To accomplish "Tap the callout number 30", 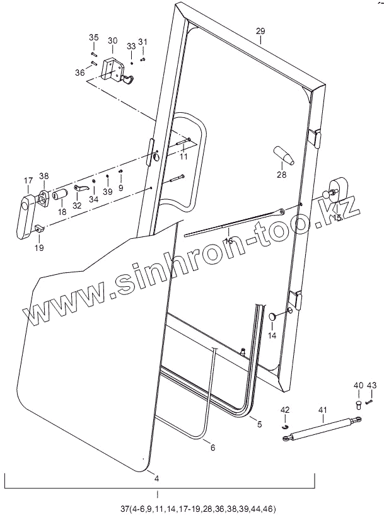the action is pos(112,41).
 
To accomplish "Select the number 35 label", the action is pos(93,38).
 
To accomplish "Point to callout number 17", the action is pos(28,181).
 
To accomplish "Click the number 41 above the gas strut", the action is pos(322,410).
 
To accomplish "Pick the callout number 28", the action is pos(281,175).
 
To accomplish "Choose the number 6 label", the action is pos(212,448).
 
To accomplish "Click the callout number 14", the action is pos(272,336).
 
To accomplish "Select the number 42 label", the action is pos(285,410).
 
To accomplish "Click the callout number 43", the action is pos(371,384).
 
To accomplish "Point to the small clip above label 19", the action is pos(39,229).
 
